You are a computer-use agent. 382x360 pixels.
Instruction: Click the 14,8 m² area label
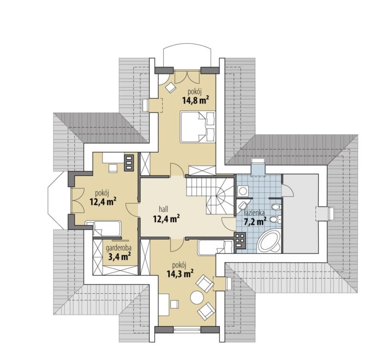point(195,101)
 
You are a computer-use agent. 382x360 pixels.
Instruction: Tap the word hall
point(164,209)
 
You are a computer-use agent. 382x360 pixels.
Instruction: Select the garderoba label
point(118,248)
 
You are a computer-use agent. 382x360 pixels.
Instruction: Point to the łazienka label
point(254,213)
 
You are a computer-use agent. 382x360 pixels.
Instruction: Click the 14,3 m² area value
point(180,274)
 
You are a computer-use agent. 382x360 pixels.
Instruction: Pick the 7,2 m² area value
point(255,221)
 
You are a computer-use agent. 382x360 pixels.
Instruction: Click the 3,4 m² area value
point(118,257)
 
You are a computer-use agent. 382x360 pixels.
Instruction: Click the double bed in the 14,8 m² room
point(198,127)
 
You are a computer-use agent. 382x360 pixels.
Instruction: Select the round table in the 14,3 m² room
point(197,298)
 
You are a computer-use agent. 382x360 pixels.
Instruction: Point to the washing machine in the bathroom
point(242,191)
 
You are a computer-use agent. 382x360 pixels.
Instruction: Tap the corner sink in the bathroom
point(242,205)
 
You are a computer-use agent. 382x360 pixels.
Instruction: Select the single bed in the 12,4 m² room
point(103,228)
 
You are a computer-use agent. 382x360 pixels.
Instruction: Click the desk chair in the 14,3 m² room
point(175,304)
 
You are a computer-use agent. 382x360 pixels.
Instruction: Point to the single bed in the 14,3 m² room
point(216,248)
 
